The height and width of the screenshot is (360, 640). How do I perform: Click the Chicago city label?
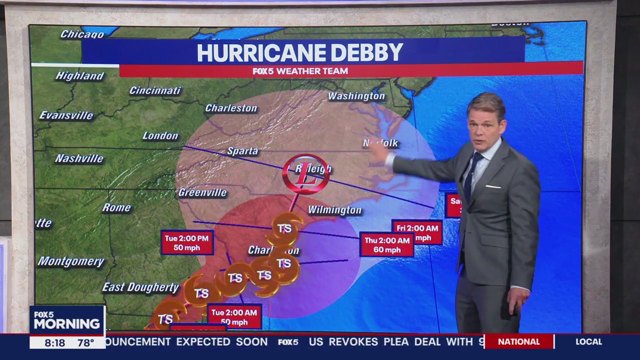[82, 34]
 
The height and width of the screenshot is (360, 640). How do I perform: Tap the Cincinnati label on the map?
[155, 90]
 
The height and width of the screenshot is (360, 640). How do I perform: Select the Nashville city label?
[79, 158]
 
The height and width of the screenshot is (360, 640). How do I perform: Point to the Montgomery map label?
[71, 261]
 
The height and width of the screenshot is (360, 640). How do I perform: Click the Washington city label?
[356, 96]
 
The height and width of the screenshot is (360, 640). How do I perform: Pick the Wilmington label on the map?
[334, 210]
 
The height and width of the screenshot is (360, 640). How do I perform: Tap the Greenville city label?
[202, 192]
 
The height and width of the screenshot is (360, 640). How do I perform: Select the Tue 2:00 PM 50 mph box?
[187, 242]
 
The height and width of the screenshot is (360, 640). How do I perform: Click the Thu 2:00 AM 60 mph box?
[386, 245]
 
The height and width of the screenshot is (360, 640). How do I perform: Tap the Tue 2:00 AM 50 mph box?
[234, 317]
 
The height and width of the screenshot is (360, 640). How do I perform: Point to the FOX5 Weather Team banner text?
[300, 71]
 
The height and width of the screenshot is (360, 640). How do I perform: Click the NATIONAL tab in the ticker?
[518, 342]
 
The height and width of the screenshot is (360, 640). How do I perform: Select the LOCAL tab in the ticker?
[588, 342]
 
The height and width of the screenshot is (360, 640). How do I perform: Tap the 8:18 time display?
[55, 343]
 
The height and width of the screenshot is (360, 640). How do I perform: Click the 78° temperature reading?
[85, 343]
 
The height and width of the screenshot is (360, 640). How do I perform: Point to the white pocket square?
[493, 186]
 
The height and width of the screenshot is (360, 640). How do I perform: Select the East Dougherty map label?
[140, 287]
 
